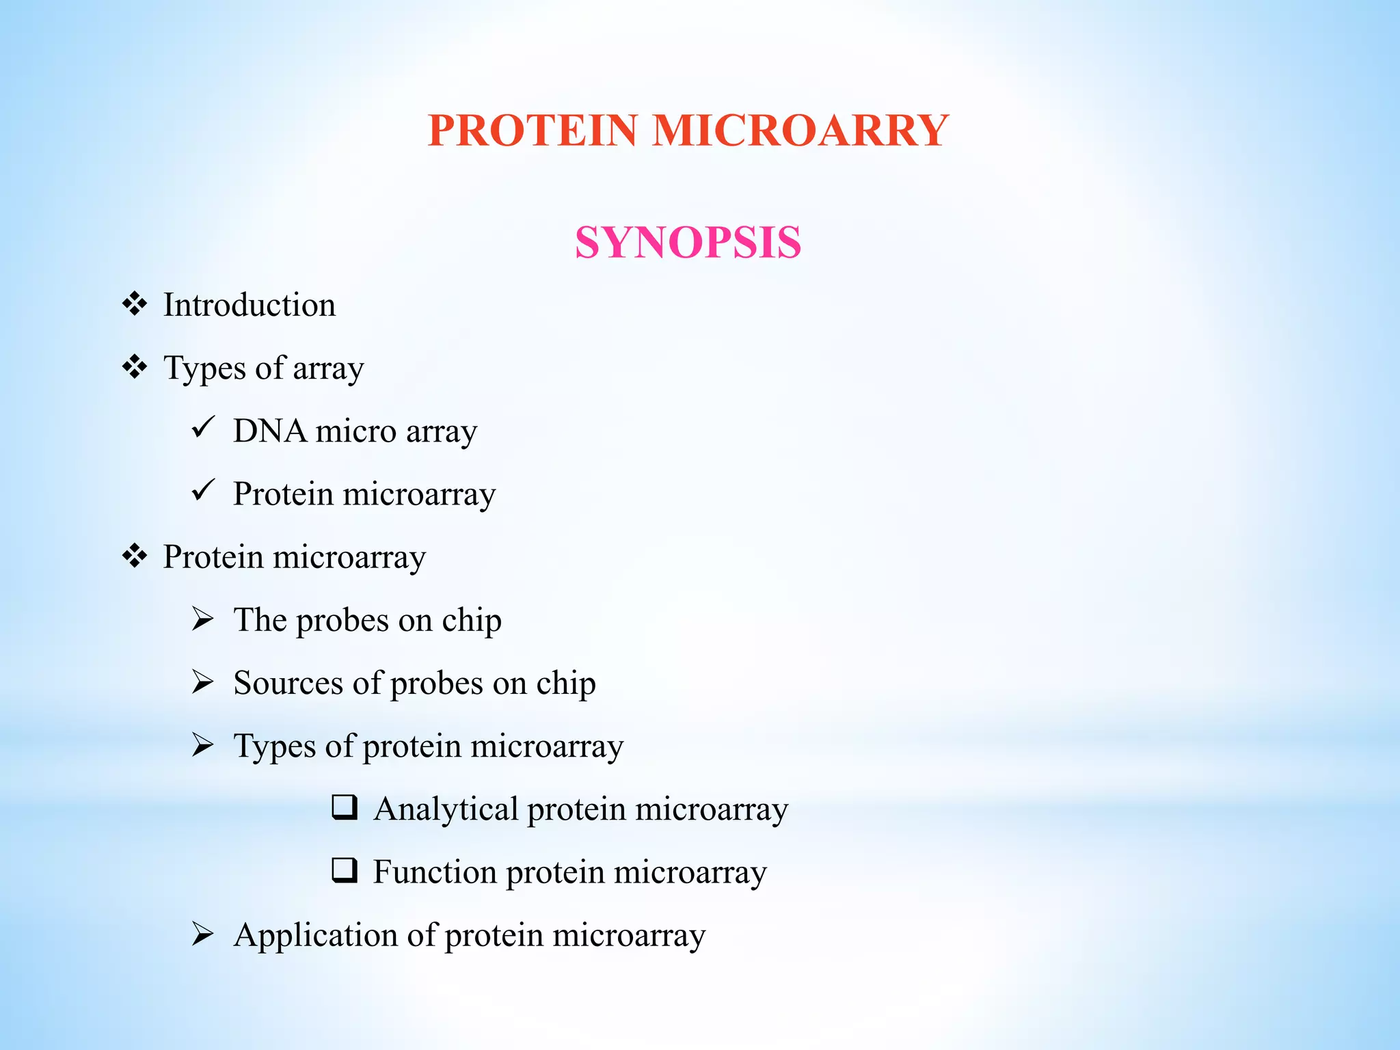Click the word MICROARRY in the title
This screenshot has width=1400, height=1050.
tap(800, 130)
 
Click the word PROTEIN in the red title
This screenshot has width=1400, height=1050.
tap(533, 130)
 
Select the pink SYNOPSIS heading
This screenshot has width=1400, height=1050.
tap(688, 242)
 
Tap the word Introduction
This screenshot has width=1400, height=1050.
tap(250, 305)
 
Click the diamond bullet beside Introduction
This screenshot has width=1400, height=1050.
tap(135, 304)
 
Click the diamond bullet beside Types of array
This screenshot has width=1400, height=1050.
tap(135, 367)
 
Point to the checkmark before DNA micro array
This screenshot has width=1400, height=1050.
tap(203, 428)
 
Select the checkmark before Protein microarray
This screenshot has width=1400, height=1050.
tap(203, 491)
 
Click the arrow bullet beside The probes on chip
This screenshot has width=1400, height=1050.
tap(203, 619)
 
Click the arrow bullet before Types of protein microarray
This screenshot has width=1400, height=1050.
tap(203, 744)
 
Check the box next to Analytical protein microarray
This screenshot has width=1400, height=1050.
tap(345, 807)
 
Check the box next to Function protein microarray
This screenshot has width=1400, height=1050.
tap(345, 870)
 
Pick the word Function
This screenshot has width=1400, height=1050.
tap(435, 872)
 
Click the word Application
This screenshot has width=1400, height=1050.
tap(315, 936)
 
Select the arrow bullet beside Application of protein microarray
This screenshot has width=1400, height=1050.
tap(203, 934)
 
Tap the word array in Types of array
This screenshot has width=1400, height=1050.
tap(328, 369)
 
